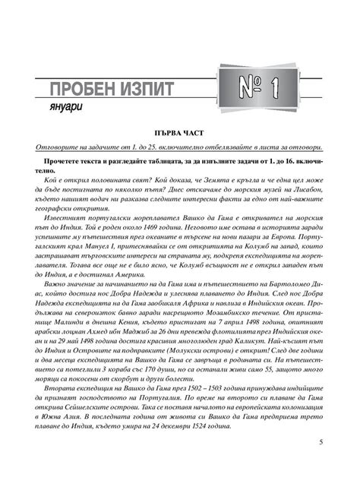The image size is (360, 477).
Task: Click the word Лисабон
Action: pyautogui.click(x=308, y=191)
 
